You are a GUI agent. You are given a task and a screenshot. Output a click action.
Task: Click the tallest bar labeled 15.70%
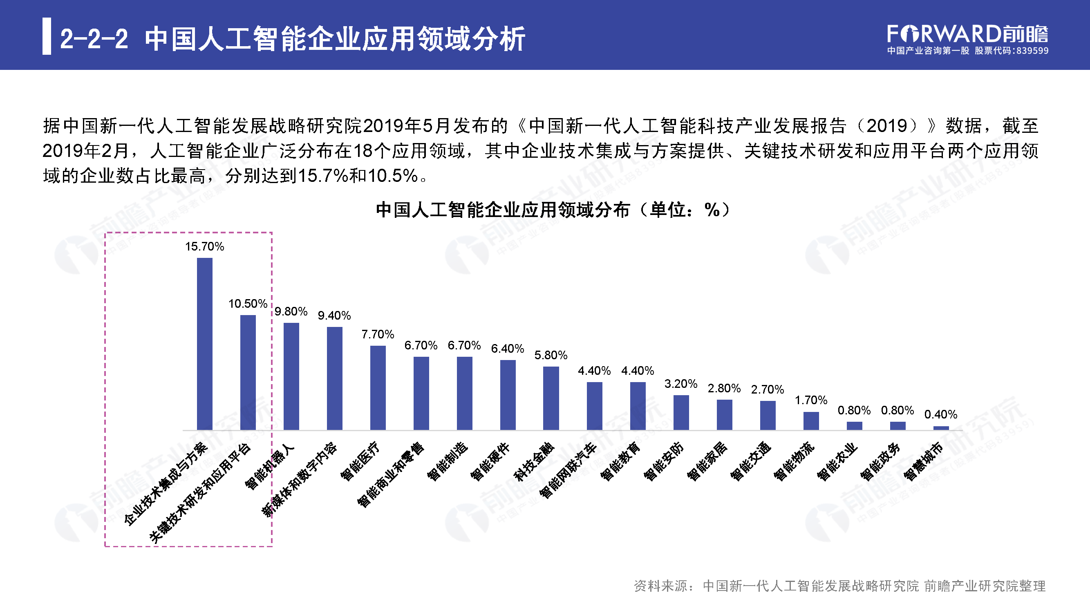204,344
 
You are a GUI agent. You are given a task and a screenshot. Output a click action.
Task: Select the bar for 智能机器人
291,376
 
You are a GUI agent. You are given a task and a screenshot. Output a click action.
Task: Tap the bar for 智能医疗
378,387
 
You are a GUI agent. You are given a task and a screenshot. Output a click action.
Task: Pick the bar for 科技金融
551,398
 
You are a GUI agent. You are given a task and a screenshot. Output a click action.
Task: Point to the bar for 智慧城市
941,428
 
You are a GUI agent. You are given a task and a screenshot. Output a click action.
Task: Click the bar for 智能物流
811,421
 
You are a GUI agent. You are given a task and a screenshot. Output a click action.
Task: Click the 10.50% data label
248,304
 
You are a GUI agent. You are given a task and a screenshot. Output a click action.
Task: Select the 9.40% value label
334,315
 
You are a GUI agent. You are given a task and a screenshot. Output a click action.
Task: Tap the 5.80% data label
551,355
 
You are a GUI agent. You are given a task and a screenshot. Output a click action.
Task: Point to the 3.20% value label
680,384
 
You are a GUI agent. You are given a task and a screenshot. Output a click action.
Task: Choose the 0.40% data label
941,414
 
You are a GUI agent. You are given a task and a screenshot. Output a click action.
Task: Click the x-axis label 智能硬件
490,461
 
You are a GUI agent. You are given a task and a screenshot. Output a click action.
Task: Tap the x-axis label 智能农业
837,461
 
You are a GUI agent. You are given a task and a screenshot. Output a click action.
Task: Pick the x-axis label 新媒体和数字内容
300,479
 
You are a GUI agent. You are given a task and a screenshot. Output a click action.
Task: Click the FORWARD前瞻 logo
967,34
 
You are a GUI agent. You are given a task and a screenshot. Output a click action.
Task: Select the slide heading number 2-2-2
94,39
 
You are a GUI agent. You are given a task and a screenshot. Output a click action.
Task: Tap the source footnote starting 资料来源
839,586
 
